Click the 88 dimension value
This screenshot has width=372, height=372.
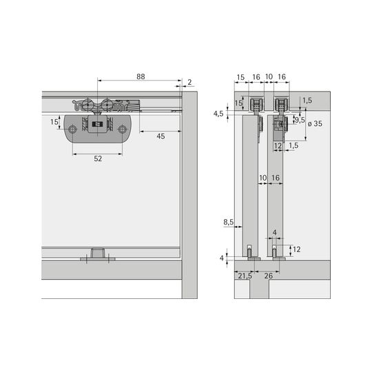pyautogui.click(x=141, y=76)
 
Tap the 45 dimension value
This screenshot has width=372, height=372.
pyautogui.click(x=161, y=136)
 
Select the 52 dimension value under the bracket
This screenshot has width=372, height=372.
pyautogui.click(x=98, y=158)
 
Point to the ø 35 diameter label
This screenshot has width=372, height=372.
pyautogui.click(x=315, y=123)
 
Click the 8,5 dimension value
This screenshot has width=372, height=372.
pyautogui.click(x=229, y=222)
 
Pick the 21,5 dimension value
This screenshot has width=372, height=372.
pyautogui.click(x=245, y=276)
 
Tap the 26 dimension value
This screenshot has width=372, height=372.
pyautogui.click(x=269, y=276)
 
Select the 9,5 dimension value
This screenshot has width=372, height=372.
pyautogui.click(x=300, y=120)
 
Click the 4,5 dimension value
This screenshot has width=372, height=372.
pyautogui.click(x=218, y=114)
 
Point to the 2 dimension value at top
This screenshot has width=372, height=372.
pyautogui.click(x=189, y=82)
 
